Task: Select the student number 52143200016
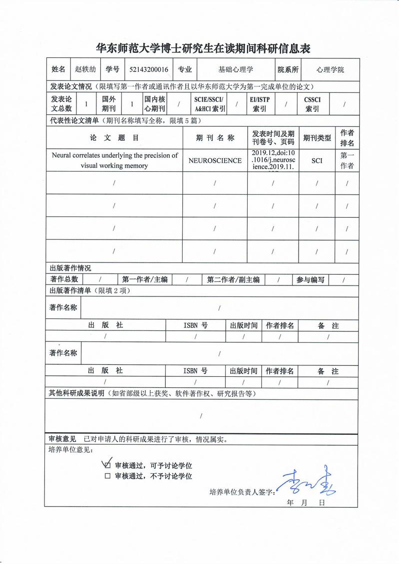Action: coord(148,70)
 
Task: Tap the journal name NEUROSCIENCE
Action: coord(215,161)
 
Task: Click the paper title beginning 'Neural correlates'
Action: coord(115,160)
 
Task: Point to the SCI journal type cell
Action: coord(317,161)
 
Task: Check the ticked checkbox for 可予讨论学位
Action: coord(107,465)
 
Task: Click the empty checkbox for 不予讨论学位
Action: coord(107,476)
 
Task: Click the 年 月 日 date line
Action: coord(306,503)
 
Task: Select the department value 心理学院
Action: coord(330,70)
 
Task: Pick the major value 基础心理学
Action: coord(236,70)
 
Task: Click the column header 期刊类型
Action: coord(317,138)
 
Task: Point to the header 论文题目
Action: coord(114,138)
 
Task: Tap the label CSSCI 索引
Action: coord(312,104)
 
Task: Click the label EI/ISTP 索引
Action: coord(259,104)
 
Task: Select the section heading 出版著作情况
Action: coord(70,268)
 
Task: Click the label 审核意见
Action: coord(62,439)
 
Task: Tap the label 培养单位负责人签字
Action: coord(242,492)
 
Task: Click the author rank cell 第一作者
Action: coord(347,161)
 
